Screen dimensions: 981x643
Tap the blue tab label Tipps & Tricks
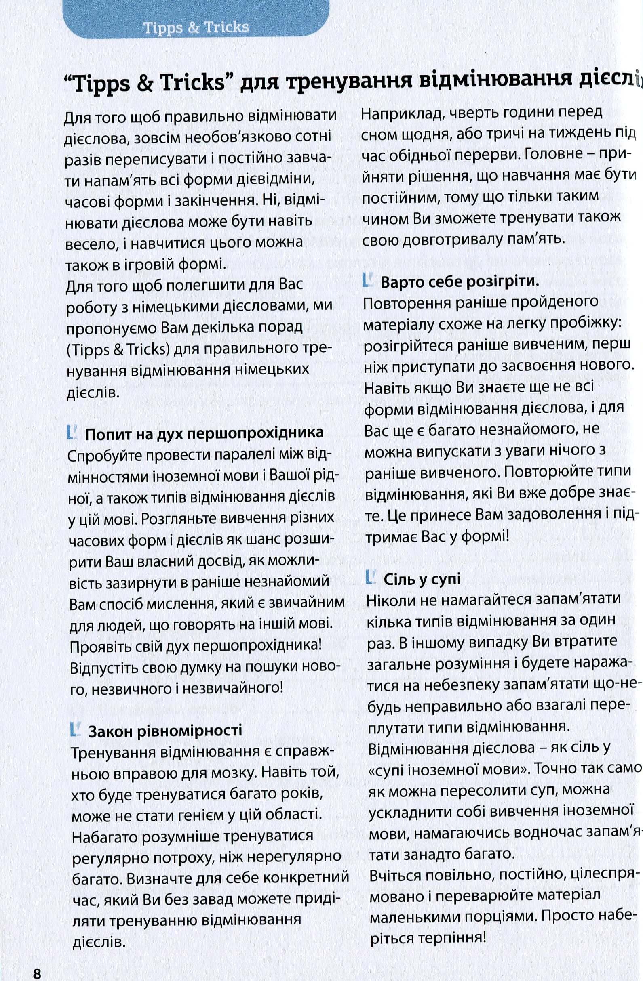coord(196,27)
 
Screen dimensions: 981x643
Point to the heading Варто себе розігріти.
coord(460,282)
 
